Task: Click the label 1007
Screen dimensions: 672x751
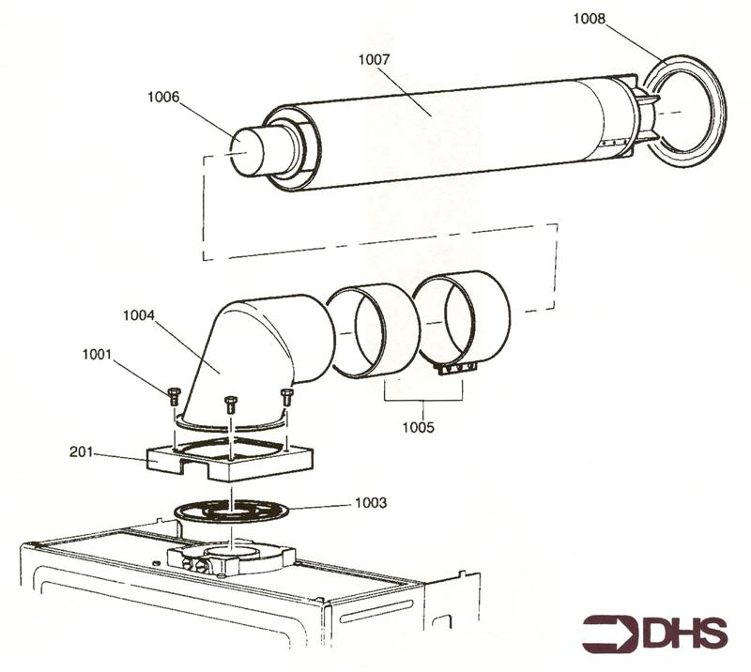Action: pyautogui.click(x=374, y=59)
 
